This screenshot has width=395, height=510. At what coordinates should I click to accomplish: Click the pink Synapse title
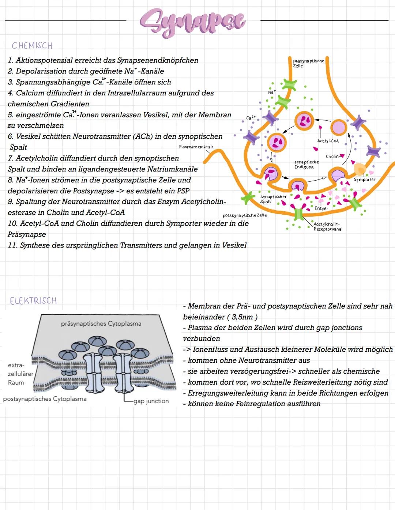point(193,22)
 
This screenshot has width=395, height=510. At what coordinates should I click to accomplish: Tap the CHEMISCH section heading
point(32,46)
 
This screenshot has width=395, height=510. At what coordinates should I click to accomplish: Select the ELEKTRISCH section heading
point(33,301)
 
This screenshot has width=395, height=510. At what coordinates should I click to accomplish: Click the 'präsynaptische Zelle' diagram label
point(308,63)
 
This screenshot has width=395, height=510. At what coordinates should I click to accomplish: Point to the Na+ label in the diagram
point(271,92)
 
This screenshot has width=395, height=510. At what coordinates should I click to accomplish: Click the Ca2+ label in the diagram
point(251,118)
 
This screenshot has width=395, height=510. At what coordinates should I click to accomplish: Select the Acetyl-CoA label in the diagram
point(328,141)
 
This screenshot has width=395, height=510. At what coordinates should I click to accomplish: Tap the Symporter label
point(364,180)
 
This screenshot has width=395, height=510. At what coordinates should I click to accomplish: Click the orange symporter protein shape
point(360,169)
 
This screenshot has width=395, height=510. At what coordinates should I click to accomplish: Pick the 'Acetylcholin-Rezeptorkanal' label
point(328,226)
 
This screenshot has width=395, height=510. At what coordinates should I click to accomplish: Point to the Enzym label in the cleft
point(321,208)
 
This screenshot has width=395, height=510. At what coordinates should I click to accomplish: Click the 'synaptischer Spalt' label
point(273,199)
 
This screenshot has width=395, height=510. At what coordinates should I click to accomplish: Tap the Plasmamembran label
point(196,147)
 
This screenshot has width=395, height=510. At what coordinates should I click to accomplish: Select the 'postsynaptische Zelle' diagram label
point(244,215)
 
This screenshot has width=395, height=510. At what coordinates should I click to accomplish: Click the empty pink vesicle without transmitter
point(339,128)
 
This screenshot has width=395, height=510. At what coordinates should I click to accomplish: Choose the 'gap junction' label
point(151,401)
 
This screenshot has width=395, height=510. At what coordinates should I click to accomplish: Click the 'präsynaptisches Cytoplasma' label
point(101,324)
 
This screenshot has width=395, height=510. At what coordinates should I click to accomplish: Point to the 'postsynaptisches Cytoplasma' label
point(45,399)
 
